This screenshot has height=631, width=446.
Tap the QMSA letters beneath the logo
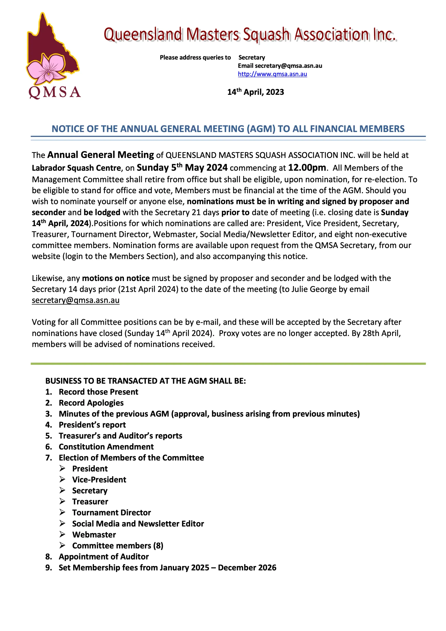[54, 92]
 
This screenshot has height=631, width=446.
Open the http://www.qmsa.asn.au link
[272, 74]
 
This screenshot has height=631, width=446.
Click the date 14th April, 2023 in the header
[256, 92]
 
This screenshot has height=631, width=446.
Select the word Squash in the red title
[266, 35]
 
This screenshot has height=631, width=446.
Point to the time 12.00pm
[307, 168]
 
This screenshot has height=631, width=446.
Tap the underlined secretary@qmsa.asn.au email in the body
[76, 300]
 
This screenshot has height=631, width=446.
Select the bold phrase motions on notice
[116, 278]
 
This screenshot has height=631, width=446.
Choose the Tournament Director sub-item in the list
[111, 513]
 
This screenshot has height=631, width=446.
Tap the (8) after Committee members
[158, 546]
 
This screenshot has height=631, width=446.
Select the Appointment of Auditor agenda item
[104, 557]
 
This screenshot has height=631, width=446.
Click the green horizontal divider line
[228, 364]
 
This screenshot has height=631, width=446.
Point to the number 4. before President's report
[49, 425]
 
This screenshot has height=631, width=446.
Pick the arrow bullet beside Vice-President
[62, 479]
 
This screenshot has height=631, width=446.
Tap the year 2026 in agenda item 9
[266, 567]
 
